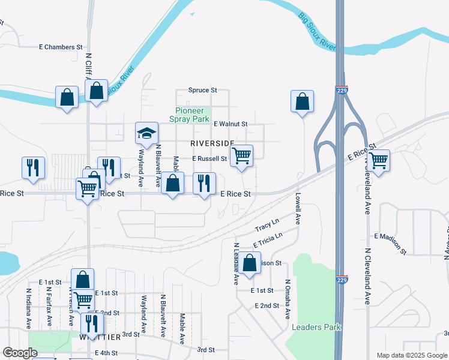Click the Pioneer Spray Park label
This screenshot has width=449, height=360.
click(x=193, y=115)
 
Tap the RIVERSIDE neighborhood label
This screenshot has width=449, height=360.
click(x=212, y=143)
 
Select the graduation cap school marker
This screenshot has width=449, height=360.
click(x=146, y=134)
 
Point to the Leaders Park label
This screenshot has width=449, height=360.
click(x=316, y=327)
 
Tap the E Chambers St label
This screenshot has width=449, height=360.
click(x=61, y=47)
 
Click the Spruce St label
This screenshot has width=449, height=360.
click(x=202, y=90)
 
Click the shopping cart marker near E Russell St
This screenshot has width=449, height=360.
click(x=241, y=156)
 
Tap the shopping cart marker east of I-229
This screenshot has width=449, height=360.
click(x=378, y=160)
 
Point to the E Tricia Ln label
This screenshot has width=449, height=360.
click(x=268, y=241)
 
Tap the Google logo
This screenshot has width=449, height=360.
click(x=20, y=353)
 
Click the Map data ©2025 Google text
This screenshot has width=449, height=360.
click(x=412, y=355)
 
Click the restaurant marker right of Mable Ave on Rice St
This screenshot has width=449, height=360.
click(x=204, y=183)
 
